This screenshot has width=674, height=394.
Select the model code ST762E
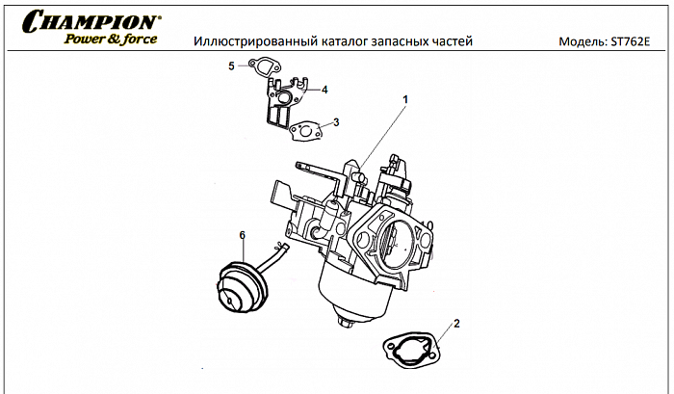pos(631,43)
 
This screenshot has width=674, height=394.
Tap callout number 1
pos(405,99)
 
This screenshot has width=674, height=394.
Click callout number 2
pos(456,323)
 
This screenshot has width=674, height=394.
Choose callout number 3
pos(335,122)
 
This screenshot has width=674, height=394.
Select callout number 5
pos(231,66)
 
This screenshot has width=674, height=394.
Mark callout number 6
pos(242,234)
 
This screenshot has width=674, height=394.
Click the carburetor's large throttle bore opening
pos(397,243)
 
